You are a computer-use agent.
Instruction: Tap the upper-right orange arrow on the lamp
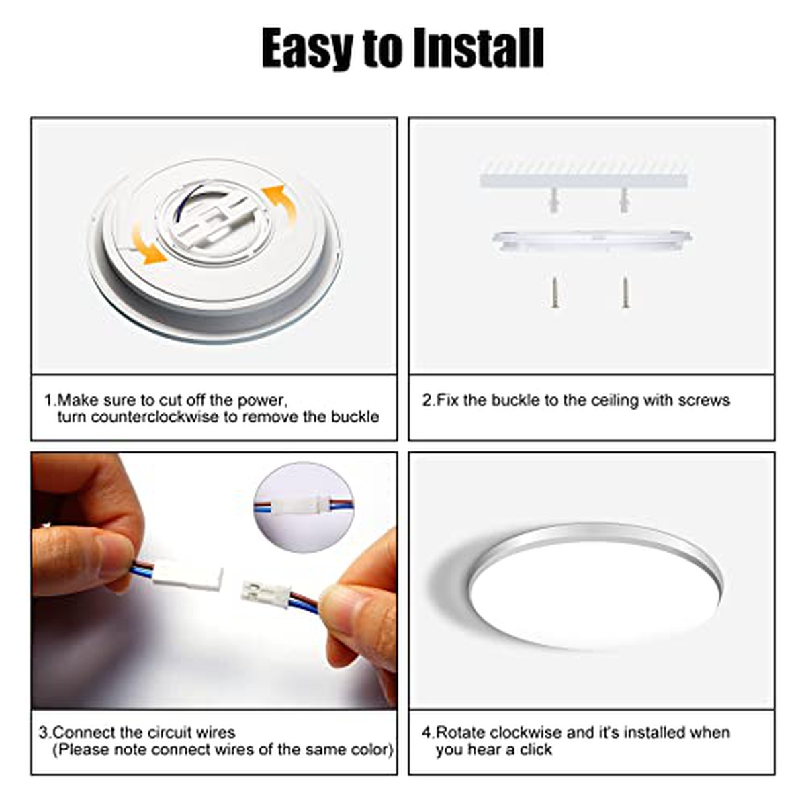[x=280, y=202]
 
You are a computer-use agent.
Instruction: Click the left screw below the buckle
[x=555, y=294]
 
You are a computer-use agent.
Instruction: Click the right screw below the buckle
[x=625, y=293]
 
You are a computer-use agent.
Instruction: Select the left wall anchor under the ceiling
[x=553, y=199]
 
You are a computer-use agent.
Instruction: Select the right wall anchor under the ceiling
[x=623, y=199]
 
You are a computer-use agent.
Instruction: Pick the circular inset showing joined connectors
[x=304, y=507]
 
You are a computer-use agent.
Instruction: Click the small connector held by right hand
[x=266, y=594]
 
